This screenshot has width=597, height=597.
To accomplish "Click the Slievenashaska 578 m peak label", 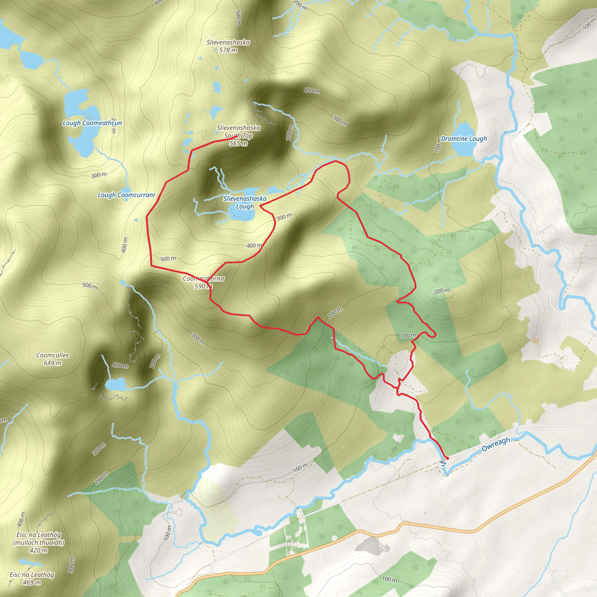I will pyautogui.click(x=228, y=46).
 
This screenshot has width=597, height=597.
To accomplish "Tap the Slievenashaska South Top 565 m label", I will pyautogui.click(x=238, y=135).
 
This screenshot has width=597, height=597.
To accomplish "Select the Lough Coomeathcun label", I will pyautogui.click(x=92, y=123).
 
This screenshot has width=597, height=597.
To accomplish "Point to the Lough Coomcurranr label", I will pyautogui.click(x=127, y=195).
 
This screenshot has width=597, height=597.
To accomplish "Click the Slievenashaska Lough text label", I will pyautogui.click(x=245, y=202).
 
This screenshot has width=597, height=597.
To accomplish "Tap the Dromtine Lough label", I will pyautogui.click(x=463, y=139).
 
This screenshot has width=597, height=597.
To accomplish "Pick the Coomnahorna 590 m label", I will pyautogui.click(x=203, y=282).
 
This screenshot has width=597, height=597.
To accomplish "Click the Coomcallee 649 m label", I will pyautogui.click(x=52, y=359).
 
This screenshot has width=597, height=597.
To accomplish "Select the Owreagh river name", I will pyautogui.click(x=496, y=444).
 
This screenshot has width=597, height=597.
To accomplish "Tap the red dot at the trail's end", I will pyautogui.click(x=447, y=458).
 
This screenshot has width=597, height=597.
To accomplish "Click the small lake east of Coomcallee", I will pyautogui.click(x=115, y=385).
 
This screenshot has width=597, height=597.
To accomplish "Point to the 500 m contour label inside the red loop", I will pyautogui.click(x=168, y=259).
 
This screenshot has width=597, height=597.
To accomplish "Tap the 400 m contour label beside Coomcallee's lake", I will pyautogui.click(x=120, y=366).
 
